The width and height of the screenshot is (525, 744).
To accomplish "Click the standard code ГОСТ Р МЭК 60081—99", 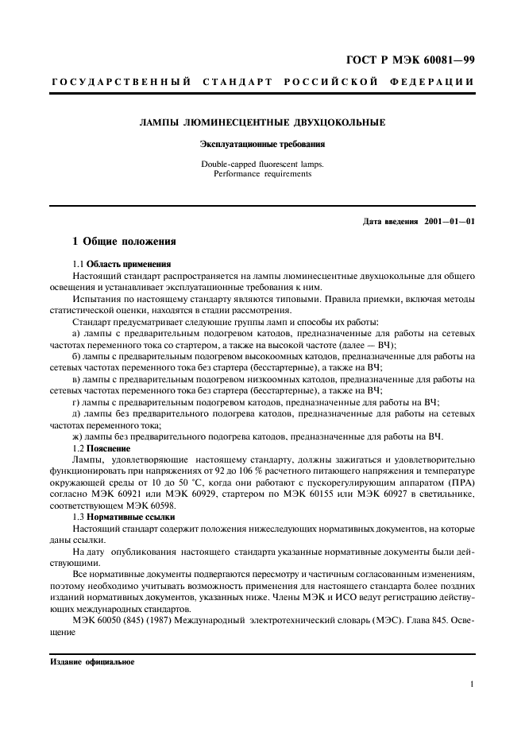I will point(415,60).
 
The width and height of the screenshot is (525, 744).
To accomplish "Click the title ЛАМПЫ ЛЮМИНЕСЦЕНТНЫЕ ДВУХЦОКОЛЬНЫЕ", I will point(262,123).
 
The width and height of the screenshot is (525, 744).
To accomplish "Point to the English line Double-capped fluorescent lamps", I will point(262,165).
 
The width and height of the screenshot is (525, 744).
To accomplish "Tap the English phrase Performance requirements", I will point(262,174).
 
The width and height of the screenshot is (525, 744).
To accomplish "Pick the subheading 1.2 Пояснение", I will point(101,448).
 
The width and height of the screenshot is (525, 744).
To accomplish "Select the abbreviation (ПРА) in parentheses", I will point(457,482).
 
